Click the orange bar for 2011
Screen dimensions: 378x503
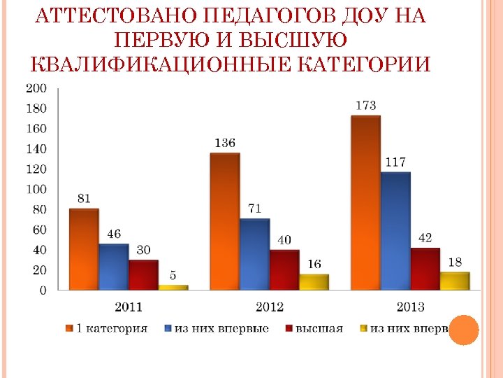[84, 248]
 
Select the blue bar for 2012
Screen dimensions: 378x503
[254, 253]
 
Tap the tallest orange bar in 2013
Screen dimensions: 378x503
[365, 202]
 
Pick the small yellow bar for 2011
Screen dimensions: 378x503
[173, 286]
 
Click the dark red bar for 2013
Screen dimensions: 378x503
[425, 268]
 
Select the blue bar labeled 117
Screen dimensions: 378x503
[395, 230]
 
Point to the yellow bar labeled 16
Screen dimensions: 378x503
[314, 281]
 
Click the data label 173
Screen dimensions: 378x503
[365, 106]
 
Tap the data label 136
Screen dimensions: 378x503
[224, 143]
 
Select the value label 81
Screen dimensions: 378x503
[84, 198]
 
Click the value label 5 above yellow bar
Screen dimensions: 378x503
[173, 274]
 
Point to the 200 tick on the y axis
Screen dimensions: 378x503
[36, 88]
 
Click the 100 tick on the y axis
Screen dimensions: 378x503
[36, 189]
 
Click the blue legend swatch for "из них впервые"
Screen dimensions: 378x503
[169, 328]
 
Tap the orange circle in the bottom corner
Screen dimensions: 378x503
[463, 330]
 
